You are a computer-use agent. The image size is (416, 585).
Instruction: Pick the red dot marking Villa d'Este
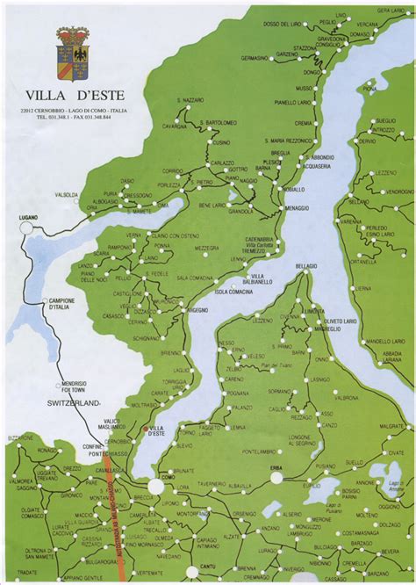145,428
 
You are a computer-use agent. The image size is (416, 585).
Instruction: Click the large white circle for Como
156,486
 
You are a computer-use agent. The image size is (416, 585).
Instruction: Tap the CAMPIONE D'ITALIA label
56,305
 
